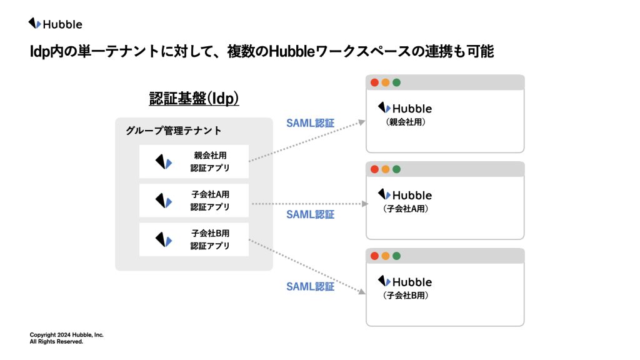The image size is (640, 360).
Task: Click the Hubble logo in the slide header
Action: (55, 24)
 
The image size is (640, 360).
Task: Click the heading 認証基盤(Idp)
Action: (194, 98)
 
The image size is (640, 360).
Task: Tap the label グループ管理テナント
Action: (174, 131)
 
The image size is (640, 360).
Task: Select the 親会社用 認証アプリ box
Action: (194, 161)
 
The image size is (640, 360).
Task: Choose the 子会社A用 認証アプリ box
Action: (194, 201)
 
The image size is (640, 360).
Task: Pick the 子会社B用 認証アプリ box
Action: (194, 239)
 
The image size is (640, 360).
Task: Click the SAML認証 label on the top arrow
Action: (310, 123)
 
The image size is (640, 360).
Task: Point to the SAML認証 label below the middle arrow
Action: (310, 215)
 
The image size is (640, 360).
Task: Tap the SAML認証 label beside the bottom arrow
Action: (310, 286)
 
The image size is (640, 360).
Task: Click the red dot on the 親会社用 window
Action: (374, 82)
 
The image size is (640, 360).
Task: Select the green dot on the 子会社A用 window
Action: (396, 169)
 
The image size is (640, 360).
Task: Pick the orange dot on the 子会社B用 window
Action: (385, 256)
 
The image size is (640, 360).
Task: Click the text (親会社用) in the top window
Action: (406, 122)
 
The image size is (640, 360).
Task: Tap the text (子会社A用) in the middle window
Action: (406, 209)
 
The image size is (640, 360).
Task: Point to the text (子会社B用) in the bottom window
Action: (406, 296)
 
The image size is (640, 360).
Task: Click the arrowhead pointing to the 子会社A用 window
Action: (365, 204)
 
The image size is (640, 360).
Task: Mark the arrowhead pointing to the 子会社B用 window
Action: (362, 291)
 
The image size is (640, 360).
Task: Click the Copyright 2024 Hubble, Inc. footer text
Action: (66, 335)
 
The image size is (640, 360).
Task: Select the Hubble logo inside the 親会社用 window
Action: (405, 108)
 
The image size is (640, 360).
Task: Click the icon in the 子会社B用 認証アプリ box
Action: (164, 239)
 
